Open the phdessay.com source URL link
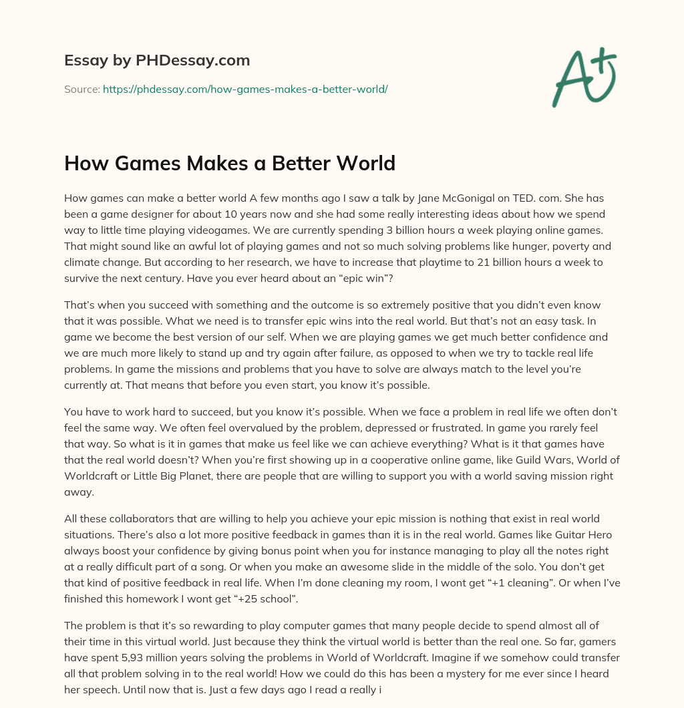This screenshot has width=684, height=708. pos(245,89)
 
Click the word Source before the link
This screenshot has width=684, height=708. pos(81,89)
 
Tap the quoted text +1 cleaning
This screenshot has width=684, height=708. pos(482,582)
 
